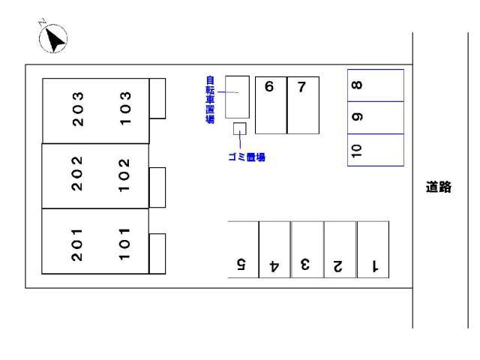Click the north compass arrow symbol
point(52,37)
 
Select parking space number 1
point(373,250)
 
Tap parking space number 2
point(340,250)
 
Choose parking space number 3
point(307,250)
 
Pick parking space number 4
point(274,250)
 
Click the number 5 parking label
point(241,263)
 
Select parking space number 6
point(271,105)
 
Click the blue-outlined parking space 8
point(376,85)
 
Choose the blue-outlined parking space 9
point(376,117)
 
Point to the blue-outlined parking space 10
point(376,149)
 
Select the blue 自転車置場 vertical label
point(210,98)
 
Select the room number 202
point(77,175)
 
